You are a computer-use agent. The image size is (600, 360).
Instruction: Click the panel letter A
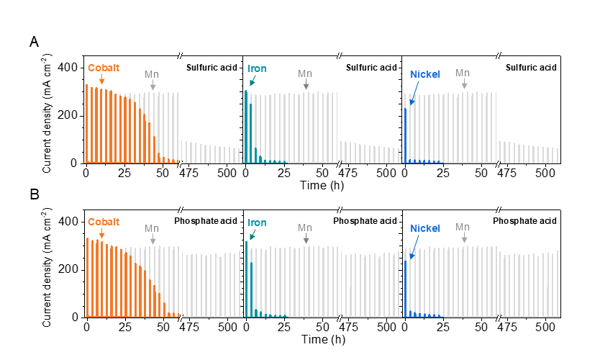pyautogui.click(x=34, y=42)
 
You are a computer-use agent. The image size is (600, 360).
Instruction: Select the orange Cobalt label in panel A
pyautogui.click(x=104, y=68)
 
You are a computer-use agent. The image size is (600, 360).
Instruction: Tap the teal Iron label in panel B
pyautogui.click(x=257, y=222)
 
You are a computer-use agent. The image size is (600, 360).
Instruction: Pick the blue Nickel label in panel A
pyautogui.click(x=425, y=74)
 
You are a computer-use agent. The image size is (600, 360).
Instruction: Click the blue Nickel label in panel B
pyautogui.click(x=425, y=228)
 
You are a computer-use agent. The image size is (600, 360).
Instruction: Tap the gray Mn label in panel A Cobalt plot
pyautogui.click(x=152, y=74)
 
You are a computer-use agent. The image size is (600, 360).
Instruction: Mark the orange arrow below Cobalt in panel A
pyautogui.click(x=101, y=81)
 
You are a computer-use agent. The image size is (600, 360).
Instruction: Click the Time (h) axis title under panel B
pyautogui.click(x=317, y=339)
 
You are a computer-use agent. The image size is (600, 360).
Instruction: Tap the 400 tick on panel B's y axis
pyautogui.click(x=70, y=221)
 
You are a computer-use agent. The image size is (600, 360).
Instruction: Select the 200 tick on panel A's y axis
pyautogui.click(x=70, y=115)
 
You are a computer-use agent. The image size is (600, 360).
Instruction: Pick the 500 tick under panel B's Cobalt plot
pyautogui.click(x=227, y=327)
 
